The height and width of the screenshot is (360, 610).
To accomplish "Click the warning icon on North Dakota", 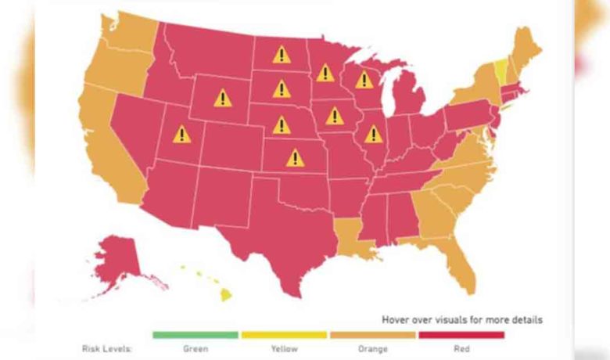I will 281,55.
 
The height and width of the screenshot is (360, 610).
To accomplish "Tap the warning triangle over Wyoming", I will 223,98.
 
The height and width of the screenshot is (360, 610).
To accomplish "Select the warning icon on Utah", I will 181,135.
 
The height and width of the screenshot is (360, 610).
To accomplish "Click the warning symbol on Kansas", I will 295,158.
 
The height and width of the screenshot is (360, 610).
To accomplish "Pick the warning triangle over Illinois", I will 373,135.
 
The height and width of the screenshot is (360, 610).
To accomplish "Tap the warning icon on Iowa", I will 335,116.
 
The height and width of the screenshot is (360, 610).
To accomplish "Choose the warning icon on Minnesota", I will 325,73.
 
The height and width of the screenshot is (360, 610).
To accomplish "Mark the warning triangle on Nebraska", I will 281,124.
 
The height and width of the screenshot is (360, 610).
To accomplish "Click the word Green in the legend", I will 195,349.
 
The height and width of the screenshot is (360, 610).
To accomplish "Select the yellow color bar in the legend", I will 284,335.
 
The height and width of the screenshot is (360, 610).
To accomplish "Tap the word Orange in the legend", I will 373,349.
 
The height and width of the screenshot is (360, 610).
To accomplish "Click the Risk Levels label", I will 107,349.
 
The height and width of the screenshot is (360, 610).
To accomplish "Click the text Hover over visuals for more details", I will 461,319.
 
